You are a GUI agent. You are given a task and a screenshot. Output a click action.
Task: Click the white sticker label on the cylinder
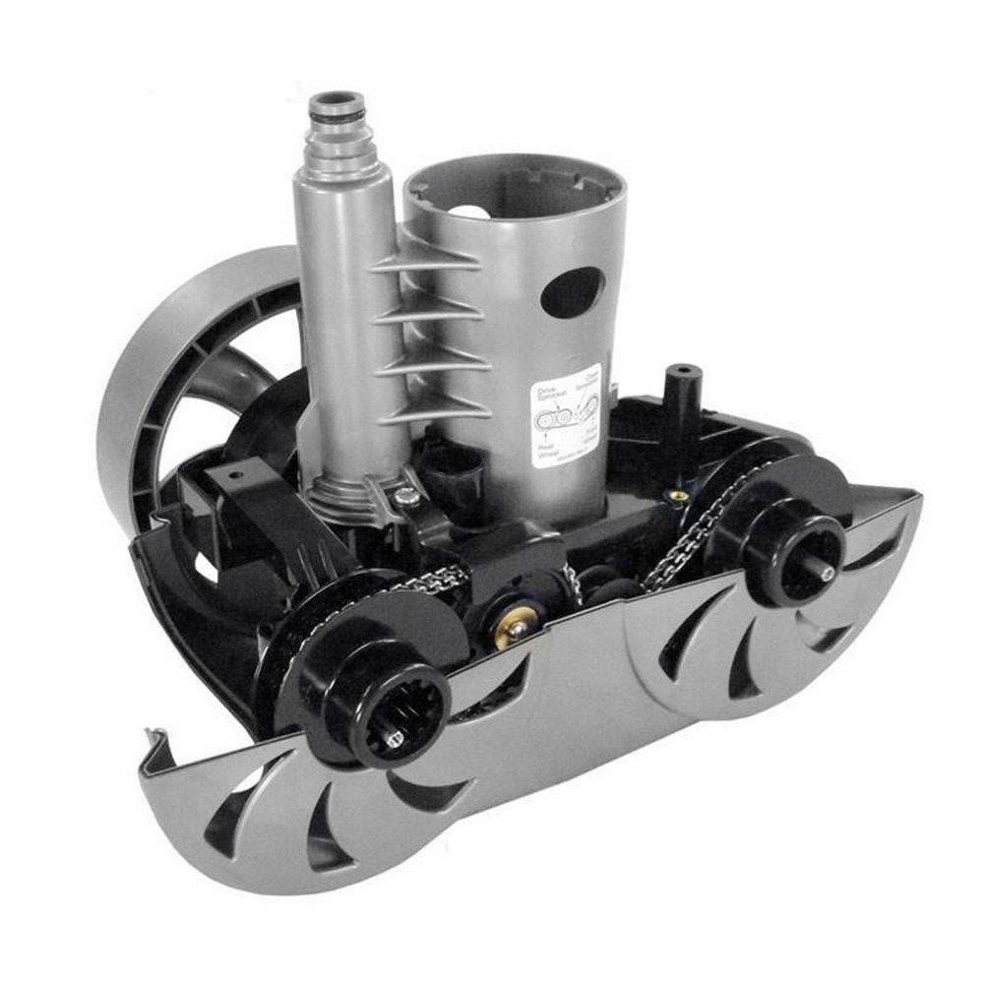(562, 418)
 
